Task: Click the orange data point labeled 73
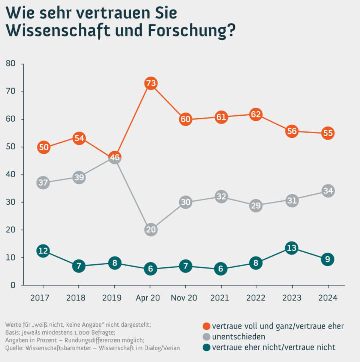point(150,83)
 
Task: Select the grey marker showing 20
point(150,230)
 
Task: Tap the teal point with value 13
point(292,248)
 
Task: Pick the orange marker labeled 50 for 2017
point(43,147)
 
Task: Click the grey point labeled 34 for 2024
point(327,191)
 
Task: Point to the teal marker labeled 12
point(43,251)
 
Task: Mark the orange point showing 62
point(256,115)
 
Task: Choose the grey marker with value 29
point(256,205)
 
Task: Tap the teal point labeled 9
point(327,259)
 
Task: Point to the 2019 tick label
point(112,298)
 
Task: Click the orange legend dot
point(206,326)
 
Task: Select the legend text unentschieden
point(238,336)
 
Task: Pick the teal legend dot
point(206,347)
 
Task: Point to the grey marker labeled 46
point(115,158)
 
